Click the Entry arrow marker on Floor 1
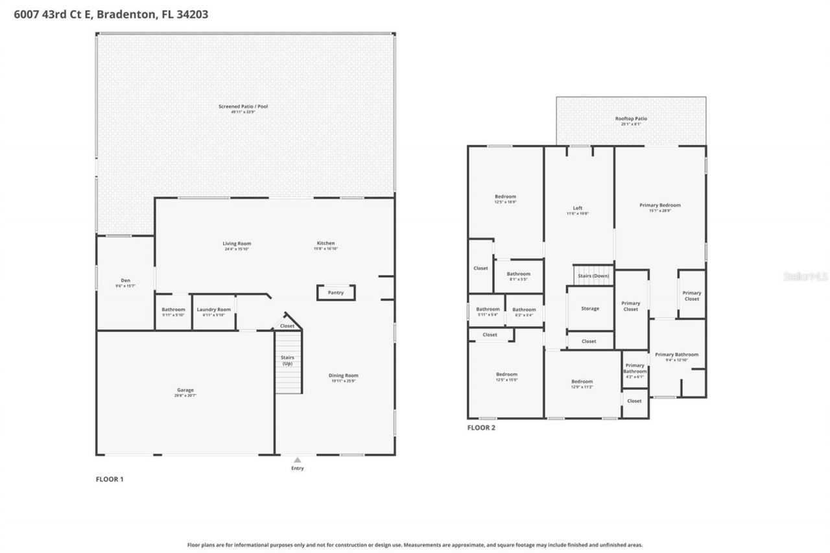(x=297, y=460)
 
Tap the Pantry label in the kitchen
(x=336, y=293)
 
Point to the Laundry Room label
(x=214, y=310)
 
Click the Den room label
(x=126, y=281)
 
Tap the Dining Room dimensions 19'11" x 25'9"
(x=344, y=381)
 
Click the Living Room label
(x=237, y=244)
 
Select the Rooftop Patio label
(x=631, y=119)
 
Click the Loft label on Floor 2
(x=577, y=208)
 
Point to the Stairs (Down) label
(x=593, y=276)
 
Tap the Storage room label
(x=590, y=309)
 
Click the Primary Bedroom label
(x=660, y=206)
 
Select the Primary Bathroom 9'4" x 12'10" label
(x=676, y=355)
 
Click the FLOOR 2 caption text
(x=481, y=428)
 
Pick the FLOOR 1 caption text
(x=110, y=479)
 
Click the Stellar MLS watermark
(x=805, y=276)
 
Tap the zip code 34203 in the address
(x=192, y=14)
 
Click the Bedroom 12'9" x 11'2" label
(x=582, y=382)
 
